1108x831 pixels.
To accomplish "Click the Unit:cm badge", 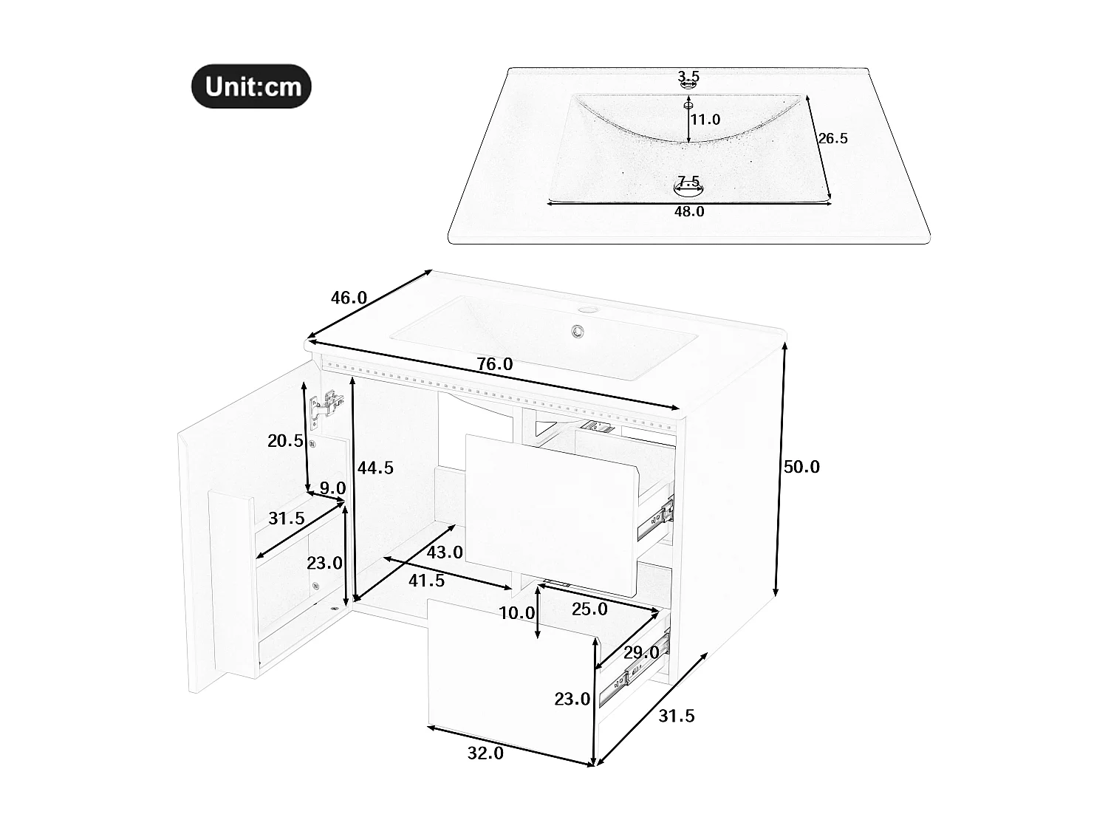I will coord(251,86).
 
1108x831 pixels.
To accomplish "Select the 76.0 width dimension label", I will coord(494,364).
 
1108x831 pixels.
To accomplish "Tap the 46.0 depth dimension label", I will coord(349,298).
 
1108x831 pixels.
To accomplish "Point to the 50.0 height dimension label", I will coord(801,467).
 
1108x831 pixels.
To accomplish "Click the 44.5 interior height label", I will coord(375,468).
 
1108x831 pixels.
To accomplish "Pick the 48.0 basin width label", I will coord(688,212).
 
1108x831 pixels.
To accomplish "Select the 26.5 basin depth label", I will coord(832,138).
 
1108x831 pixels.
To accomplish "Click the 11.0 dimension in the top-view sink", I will coord(705,120).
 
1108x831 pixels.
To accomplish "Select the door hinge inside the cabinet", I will coord(326,407).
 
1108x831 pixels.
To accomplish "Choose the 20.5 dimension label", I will coord(285,441).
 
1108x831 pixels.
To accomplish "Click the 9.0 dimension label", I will coord(332,488).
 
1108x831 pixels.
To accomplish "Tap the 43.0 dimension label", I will coord(445,552).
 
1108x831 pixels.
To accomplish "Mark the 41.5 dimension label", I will coord(426,581).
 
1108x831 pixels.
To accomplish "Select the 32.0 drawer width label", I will coord(485,753).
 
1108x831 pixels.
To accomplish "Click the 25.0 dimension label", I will coord(589,609).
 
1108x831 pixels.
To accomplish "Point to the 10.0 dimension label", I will coord(516,612).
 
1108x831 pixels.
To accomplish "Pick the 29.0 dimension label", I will coord(640,653).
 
